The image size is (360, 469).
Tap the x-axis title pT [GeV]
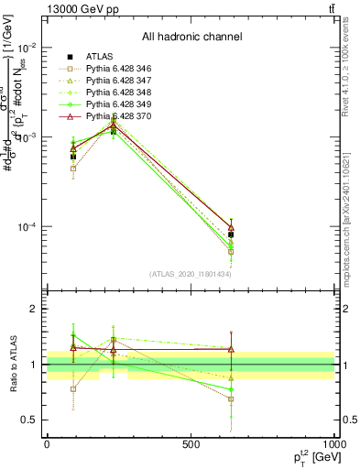click(x=308, y=457)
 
